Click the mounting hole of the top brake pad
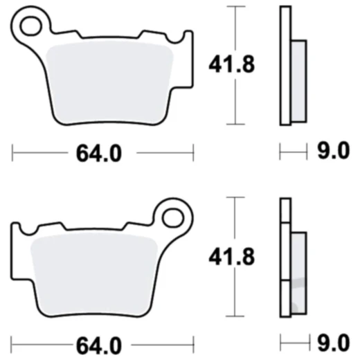tap(30, 27)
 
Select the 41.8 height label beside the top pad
tap(233, 66)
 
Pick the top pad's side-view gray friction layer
tap(298, 82)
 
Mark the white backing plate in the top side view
tap(285, 66)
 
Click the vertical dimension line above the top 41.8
tap(237, 28)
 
